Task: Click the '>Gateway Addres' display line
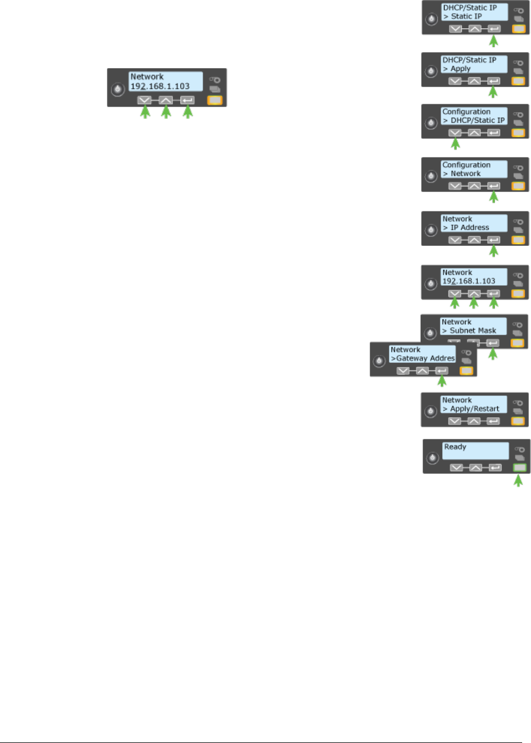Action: pos(423,358)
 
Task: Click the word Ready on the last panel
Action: pos(455,447)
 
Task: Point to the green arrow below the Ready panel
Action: pos(518,481)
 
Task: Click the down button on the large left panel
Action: pos(144,100)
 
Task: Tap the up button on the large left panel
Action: pos(166,100)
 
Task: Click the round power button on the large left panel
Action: pos(117,89)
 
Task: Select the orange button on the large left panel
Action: pos(215,100)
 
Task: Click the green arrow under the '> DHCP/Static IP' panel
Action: pos(455,144)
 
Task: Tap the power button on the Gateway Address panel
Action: pos(379,361)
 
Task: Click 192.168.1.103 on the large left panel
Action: pos(160,87)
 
